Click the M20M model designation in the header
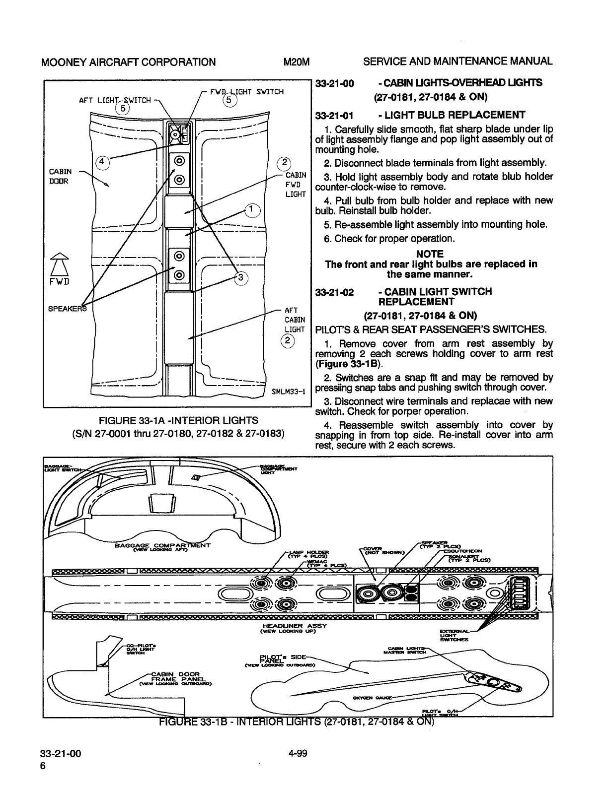coord(296,62)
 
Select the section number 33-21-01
coord(334,116)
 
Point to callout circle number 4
coord(102,162)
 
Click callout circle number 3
coord(240,278)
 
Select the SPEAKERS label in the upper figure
coord(68,309)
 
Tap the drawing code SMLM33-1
coord(288,392)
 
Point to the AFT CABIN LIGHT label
coord(295,320)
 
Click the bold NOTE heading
coord(430,254)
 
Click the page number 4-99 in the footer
coord(298,753)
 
